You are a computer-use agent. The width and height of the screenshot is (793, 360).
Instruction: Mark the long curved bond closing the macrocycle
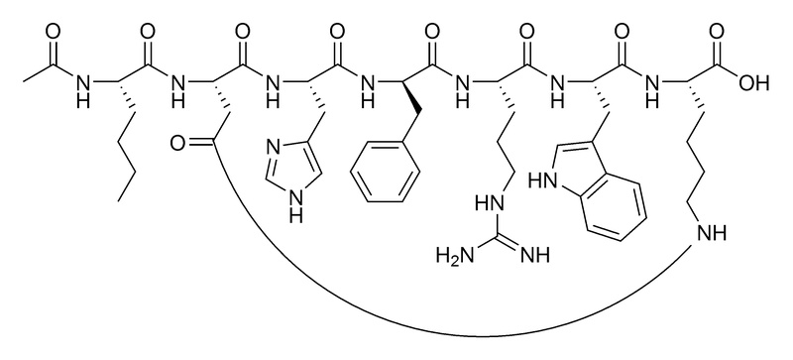pos(416,333)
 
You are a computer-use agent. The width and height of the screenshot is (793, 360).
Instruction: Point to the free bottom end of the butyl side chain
pos(120,199)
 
